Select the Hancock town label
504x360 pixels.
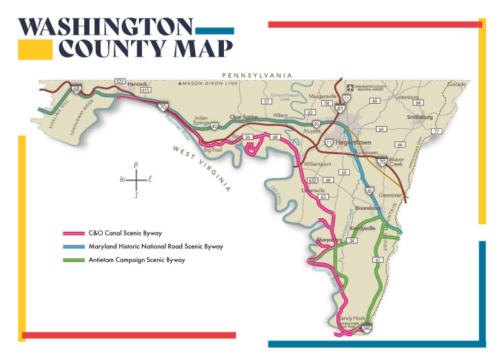pos(137,84)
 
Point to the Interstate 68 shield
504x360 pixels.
pos(76,90)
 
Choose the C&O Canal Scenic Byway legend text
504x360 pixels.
pos(127,234)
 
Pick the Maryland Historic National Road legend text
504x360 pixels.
pos(154,247)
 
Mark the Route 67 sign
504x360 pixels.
pos(377,259)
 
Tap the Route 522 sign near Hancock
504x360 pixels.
pos(120,81)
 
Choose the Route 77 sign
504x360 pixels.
pos(436,132)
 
